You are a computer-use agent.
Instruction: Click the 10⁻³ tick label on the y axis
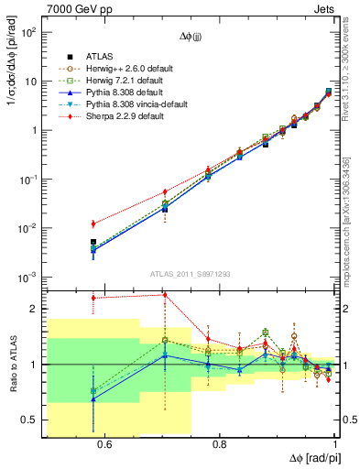(29, 278)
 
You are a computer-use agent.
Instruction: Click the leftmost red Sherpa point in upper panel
(93, 224)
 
